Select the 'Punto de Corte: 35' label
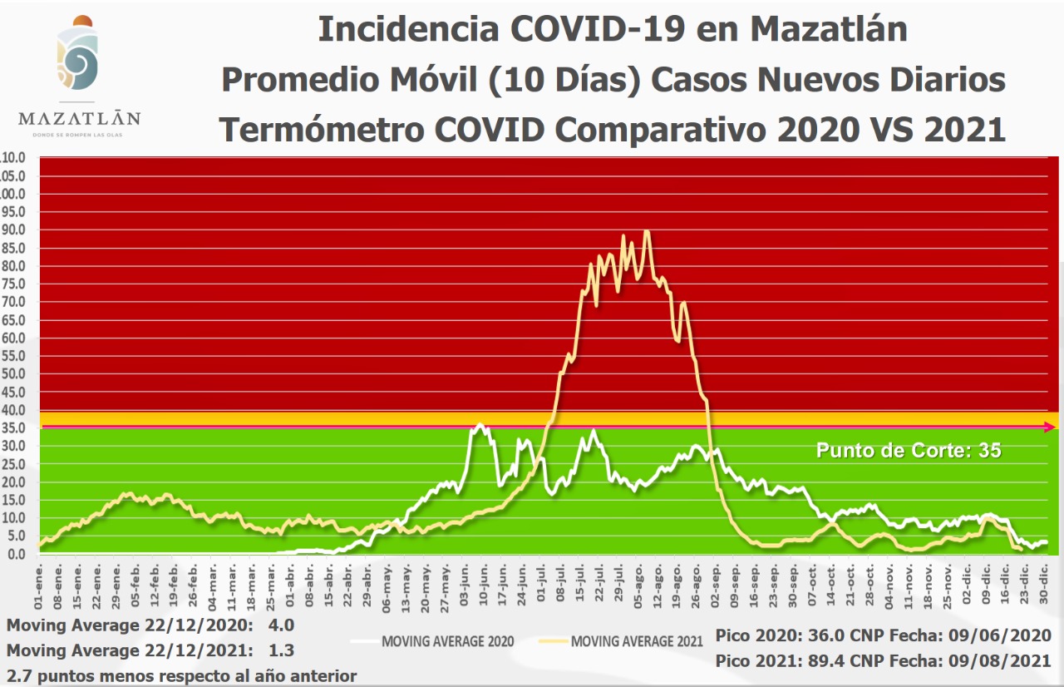909,451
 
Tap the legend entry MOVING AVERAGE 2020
448,641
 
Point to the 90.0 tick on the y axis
13,230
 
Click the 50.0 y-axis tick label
13,373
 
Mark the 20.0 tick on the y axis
13,482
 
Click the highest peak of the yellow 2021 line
647,231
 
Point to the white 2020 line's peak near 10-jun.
480,424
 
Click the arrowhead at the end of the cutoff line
1051,427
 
